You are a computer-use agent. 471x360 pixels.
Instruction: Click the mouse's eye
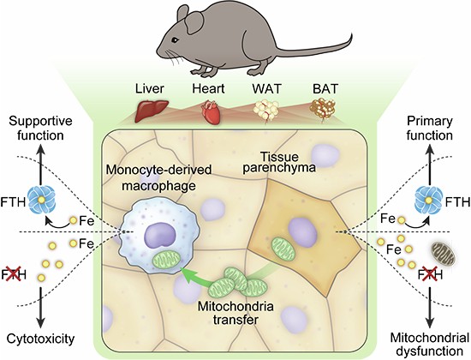click(175, 40)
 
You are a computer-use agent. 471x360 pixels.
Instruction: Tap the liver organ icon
click(151, 111)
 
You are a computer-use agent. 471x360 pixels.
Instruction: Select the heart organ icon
click(209, 112)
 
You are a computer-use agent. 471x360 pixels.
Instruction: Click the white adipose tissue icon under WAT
click(266, 111)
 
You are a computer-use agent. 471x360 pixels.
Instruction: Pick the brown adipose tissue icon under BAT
click(323, 110)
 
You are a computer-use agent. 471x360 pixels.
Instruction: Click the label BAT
click(325, 89)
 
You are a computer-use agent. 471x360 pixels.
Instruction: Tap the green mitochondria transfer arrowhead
click(186, 275)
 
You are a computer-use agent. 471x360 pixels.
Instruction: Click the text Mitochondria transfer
click(235, 313)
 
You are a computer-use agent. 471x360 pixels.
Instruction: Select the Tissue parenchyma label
click(279, 162)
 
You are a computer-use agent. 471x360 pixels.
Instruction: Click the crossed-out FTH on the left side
click(14, 274)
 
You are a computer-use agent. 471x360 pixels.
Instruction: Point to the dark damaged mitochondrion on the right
click(444, 253)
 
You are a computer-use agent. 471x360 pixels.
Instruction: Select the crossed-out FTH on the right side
click(431, 274)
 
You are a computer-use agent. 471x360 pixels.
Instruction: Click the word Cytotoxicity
click(40, 339)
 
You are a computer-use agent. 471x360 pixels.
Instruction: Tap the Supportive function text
click(40, 129)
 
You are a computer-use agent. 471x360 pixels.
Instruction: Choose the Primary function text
click(430, 129)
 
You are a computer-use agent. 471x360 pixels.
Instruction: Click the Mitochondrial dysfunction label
click(430, 344)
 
